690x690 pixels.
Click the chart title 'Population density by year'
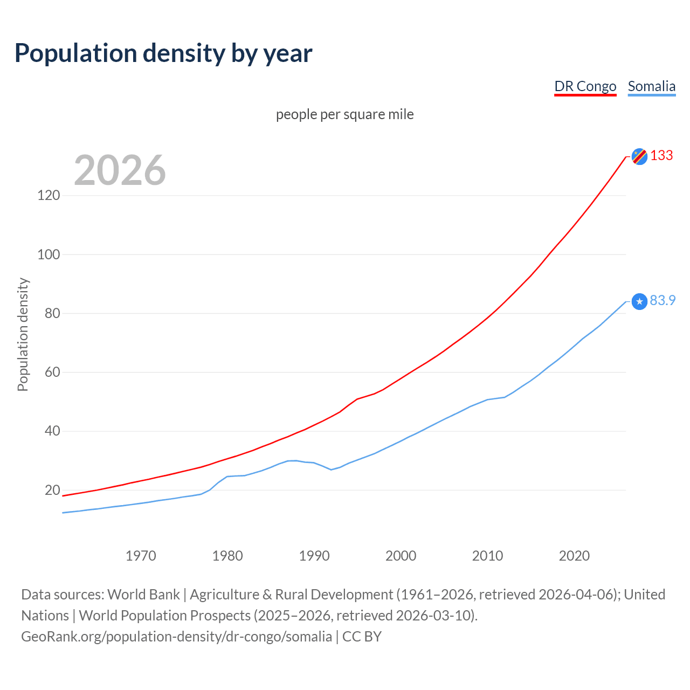[163, 53]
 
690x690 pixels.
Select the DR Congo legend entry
[585, 86]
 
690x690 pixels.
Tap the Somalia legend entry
[651, 86]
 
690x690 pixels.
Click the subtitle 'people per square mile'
[344, 114]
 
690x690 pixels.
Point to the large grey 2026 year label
[120, 170]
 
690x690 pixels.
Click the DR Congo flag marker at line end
[639, 156]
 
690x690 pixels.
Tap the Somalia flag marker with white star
[639, 301]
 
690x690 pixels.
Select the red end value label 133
[661, 155]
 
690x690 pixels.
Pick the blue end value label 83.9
[663, 300]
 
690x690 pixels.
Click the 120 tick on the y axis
[49, 195]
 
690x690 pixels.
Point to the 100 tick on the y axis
[49, 254]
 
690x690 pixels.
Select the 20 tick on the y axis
[52, 490]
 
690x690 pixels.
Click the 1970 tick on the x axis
[141, 556]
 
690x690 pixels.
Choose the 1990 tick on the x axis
[314, 556]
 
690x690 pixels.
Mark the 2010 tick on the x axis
[487, 556]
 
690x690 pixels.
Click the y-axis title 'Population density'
[23, 334]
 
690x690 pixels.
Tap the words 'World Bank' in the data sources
[143, 595]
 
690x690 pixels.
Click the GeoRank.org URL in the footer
[176, 637]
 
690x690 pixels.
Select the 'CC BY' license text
[362, 637]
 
